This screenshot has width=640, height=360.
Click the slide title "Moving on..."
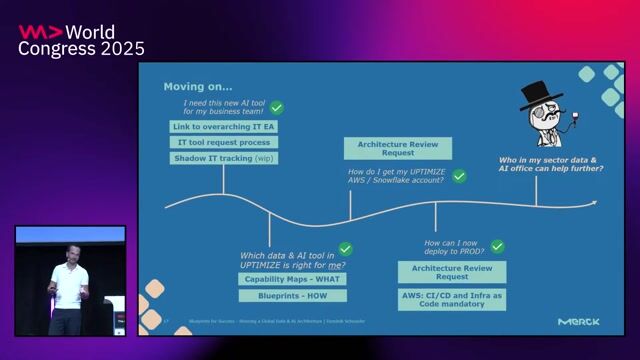click(198, 87)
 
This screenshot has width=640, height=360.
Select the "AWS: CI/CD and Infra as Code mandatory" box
click(452, 299)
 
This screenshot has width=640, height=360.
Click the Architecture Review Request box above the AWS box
click(452, 271)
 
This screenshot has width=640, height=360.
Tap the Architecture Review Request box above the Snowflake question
click(398, 148)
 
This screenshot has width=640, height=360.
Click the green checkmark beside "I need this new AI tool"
click(277, 107)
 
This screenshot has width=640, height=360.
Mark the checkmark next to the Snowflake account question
click(459, 176)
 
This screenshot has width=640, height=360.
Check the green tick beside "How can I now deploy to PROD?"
click(497, 246)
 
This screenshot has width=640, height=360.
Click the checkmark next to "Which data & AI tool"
click(345, 249)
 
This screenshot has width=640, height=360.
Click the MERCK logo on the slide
click(579, 322)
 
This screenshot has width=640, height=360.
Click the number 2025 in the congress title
click(120, 48)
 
